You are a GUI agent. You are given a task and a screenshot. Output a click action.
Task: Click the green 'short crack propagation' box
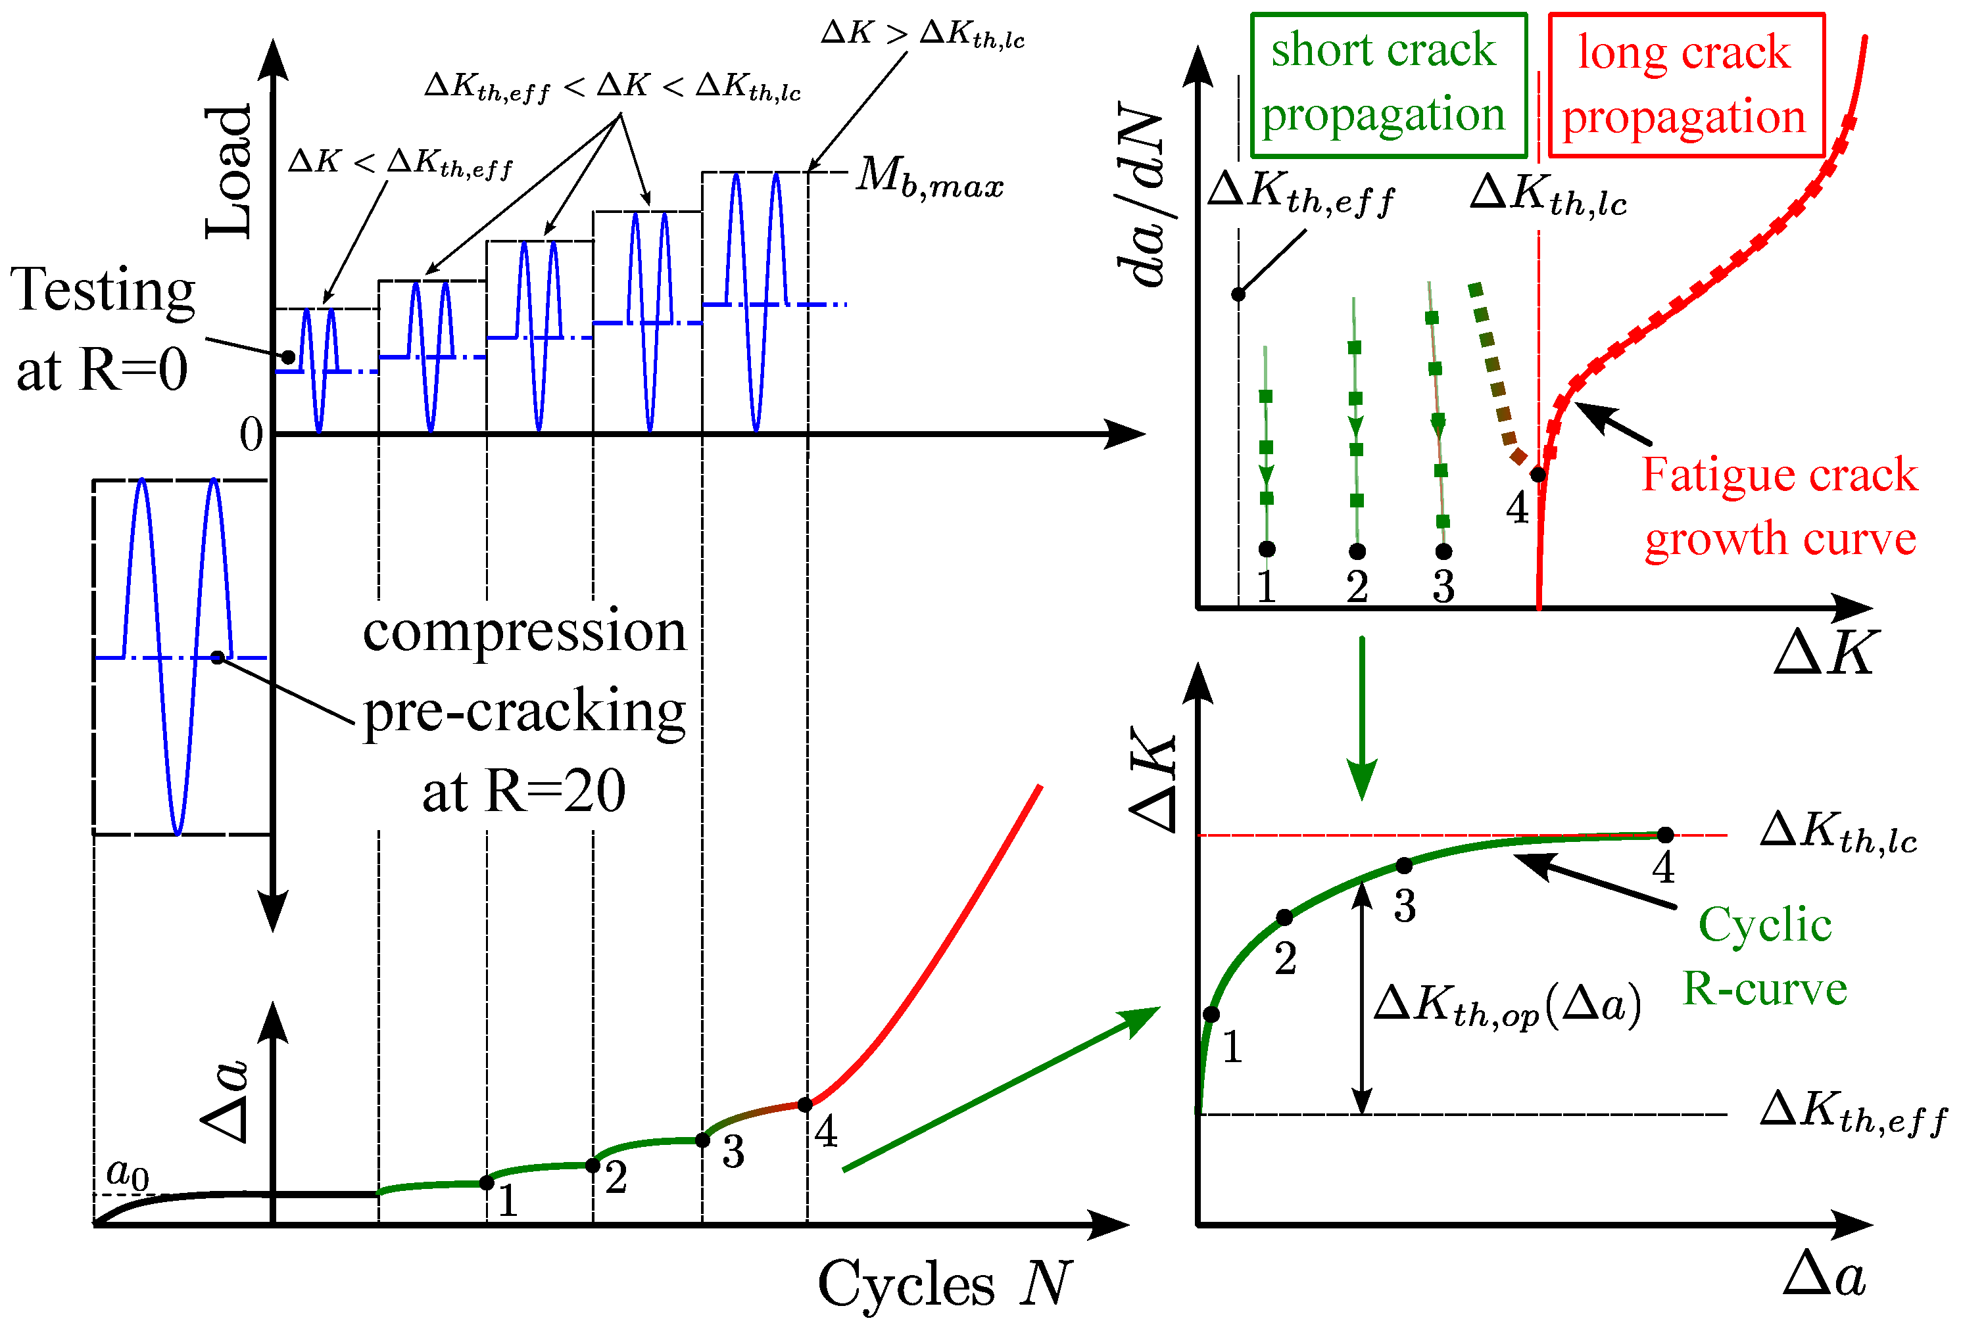(1388, 84)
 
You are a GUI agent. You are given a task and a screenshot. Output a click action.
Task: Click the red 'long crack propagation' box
(1686, 84)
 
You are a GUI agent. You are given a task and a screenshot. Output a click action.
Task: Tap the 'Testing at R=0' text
(103, 329)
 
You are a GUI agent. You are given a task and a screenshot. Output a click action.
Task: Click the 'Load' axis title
(229, 173)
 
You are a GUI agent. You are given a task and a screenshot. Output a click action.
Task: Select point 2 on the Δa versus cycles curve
(593, 1166)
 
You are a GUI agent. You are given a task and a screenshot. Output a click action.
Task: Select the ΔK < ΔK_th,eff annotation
(400, 162)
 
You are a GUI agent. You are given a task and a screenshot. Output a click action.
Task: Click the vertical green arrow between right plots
(1362, 717)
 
